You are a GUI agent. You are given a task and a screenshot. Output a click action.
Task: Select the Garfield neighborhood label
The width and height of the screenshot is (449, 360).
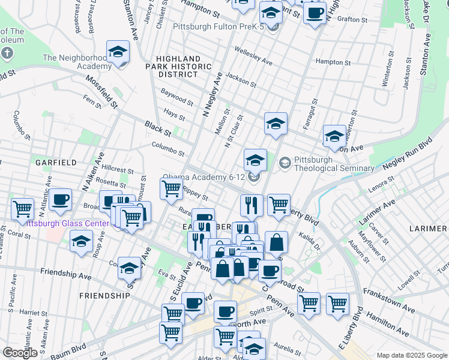[x=55, y=163]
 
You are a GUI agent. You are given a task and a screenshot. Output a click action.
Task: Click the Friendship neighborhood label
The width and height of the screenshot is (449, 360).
[x=104, y=296]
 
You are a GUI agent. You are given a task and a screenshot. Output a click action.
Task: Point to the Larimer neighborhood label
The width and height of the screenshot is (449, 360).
[x=428, y=229]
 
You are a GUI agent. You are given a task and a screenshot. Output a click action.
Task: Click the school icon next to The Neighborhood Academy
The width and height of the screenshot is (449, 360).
[x=118, y=52]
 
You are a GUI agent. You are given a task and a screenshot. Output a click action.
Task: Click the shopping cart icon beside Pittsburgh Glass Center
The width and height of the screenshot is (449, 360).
[x=22, y=209]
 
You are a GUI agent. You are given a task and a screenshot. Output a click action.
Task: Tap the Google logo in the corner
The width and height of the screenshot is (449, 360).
[x=20, y=352]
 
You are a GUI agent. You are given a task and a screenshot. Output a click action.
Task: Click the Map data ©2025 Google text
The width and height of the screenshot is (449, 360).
[x=412, y=355]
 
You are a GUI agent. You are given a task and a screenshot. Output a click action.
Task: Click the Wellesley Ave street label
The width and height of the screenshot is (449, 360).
[x=253, y=58]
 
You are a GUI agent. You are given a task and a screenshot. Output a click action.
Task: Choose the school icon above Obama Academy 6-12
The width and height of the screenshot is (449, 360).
[x=255, y=160]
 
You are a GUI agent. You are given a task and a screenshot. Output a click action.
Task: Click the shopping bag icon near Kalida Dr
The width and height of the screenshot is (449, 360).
[x=276, y=243]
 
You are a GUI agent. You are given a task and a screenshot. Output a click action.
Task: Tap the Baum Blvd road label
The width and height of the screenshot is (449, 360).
[x=71, y=349]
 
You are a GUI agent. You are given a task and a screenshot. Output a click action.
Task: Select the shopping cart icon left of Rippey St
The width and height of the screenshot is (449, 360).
[x=172, y=188]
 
